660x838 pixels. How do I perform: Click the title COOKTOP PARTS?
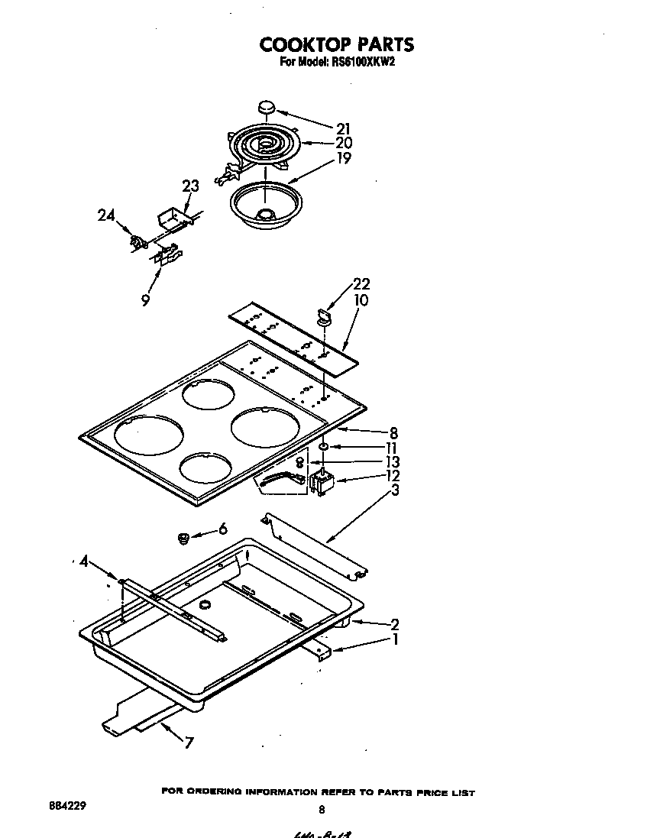336,44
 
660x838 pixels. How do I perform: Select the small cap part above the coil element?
267,108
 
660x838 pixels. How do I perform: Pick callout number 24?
106,215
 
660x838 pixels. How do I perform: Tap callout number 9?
145,300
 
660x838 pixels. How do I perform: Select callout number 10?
361,300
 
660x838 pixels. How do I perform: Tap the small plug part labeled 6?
183,539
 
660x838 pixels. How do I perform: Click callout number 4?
84,564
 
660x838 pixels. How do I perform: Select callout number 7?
189,743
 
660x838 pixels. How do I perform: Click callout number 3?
394,490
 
